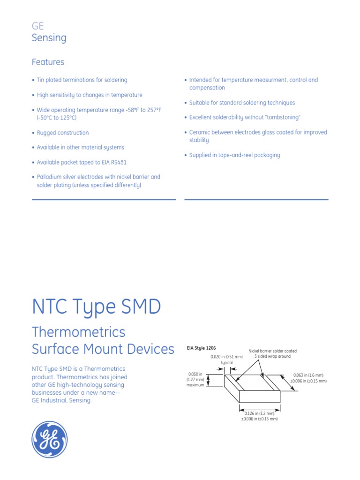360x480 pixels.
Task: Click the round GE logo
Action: tap(50, 439)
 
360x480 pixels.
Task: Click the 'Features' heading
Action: tap(48, 62)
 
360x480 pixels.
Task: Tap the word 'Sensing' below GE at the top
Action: tap(49, 38)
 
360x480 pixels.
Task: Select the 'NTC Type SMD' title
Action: tap(96, 307)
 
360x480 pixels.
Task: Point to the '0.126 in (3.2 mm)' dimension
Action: tap(259, 413)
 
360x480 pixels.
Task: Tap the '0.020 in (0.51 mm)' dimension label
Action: tap(226, 357)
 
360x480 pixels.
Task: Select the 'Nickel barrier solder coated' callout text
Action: tap(272, 351)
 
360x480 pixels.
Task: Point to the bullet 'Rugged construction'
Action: tap(63, 133)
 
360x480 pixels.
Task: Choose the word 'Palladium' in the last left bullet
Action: tap(50, 177)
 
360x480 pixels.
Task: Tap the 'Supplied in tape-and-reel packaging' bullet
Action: tap(234, 155)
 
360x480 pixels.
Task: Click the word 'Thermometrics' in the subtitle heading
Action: tap(78, 332)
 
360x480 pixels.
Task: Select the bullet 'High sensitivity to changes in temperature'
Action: tap(90, 95)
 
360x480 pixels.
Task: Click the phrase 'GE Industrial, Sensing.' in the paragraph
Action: tap(61, 400)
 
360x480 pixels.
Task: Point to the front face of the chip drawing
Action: tap(259, 397)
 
